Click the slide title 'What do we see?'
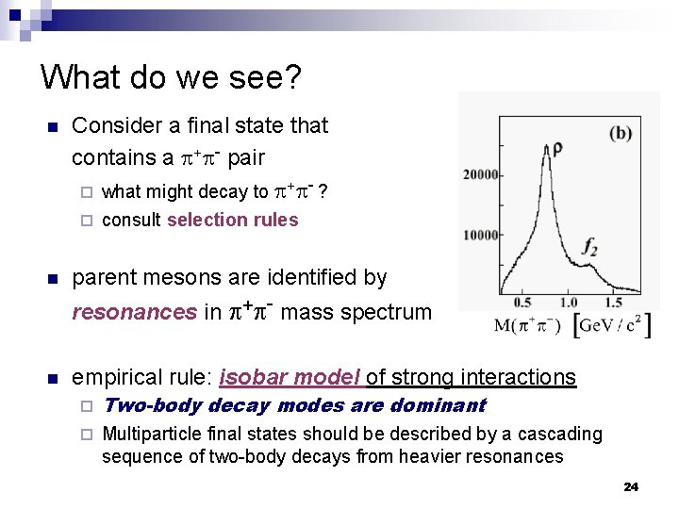point(171,76)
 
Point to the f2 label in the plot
point(590,248)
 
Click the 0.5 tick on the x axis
point(522,303)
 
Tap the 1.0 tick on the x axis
point(569,303)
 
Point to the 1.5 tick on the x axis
point(613,303)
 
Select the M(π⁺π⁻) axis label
point(527,326)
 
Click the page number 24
point(631,486)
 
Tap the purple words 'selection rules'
point(232,220)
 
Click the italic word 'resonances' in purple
point(134,312)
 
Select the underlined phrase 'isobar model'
point(290,377)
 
